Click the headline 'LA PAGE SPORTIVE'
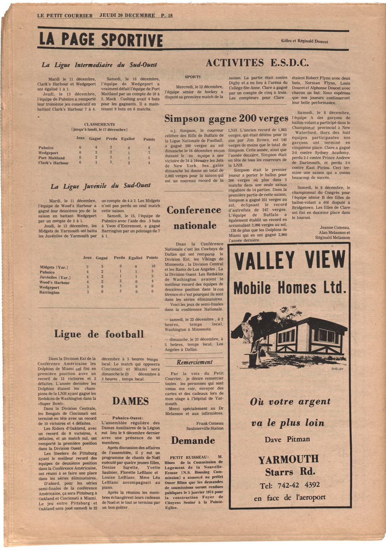[x=100, y=40]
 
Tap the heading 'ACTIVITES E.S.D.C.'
[x=257, y=63]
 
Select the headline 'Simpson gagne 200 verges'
[x=226, y=119]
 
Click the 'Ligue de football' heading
[x=99, y=334]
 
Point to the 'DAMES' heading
[x=130, y=401]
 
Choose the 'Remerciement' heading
[x=194, y=362]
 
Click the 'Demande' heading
[x=193, y=441]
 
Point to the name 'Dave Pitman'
[x=287, y=439]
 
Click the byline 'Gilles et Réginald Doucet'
[x=304, y=41]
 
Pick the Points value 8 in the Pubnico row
[x=149, y=148]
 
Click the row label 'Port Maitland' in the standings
[x=52, y=158]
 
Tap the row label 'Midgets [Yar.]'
[x=54, y=267]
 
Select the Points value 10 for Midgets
[x=153, y=266]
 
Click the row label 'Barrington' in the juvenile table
[x=49, y=293]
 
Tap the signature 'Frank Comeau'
[x=209, y=423]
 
